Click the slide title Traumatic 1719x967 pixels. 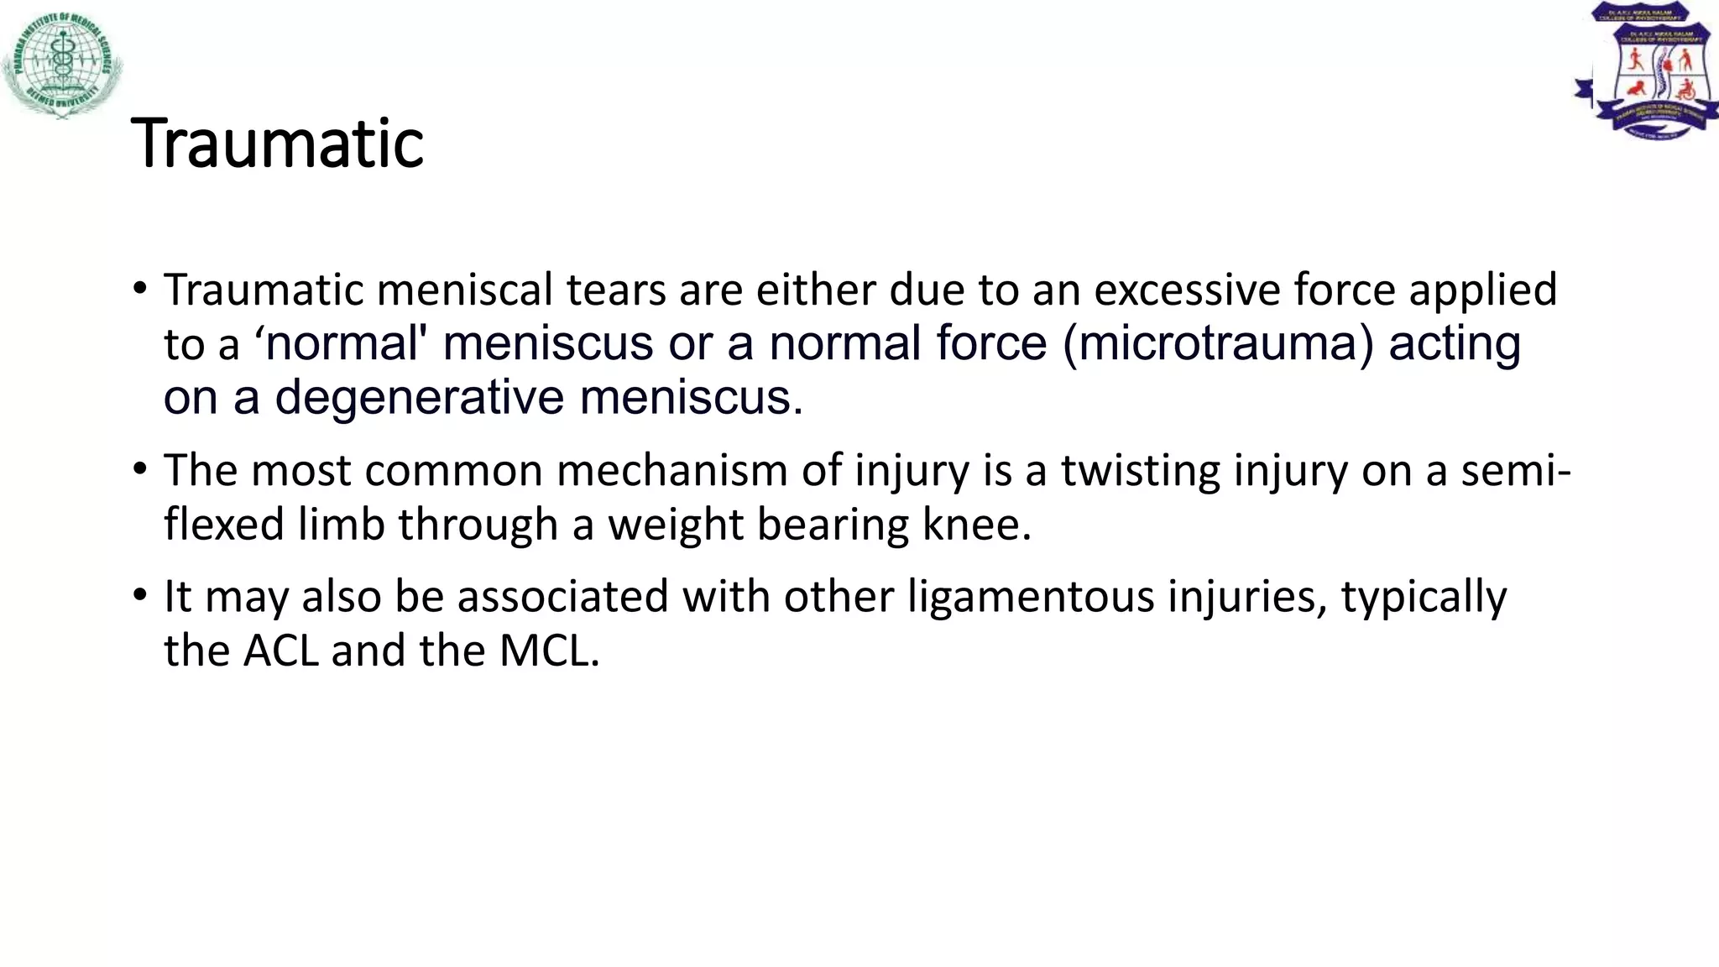click(x=277, y=144)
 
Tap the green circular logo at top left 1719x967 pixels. click(x=63, y=64)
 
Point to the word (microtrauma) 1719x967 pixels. click(x=1218, y=343)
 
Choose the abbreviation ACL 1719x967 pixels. click(x=281, y=651)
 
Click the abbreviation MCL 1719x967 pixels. click(x=549, y=651)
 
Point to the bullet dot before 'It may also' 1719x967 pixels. click(x=140, y=596)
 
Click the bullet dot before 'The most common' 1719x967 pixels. click(x=140, y=470)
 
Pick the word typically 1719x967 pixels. click(x=1424, y=598)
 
